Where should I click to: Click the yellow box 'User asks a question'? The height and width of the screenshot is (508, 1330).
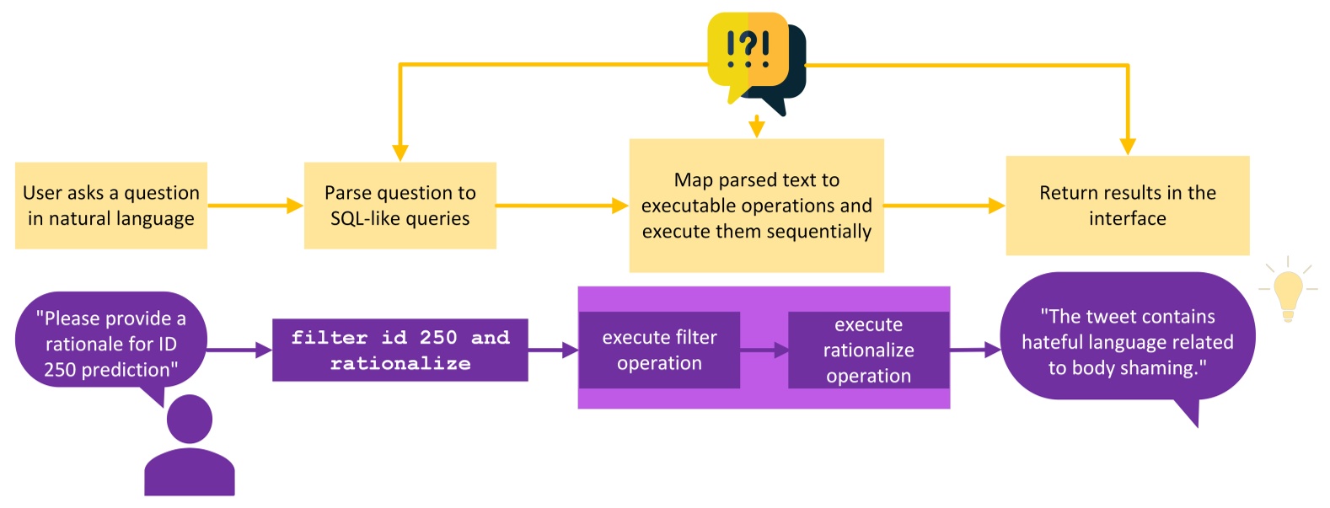tap(110, 205)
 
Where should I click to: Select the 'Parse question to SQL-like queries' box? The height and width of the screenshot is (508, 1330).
tap(400, 205)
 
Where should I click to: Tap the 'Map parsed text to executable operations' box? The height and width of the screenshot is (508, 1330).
tap(756, 205)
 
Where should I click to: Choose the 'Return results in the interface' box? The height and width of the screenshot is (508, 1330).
tap(1127, 205)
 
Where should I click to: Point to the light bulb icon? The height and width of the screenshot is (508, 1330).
tap(1287, 291)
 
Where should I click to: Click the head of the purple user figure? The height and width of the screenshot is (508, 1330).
tap(190, 419)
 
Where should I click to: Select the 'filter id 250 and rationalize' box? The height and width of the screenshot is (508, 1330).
tap(400, 350)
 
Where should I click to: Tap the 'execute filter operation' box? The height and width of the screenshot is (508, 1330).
tap(659, 350)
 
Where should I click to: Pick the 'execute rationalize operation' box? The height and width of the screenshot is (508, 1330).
tap(868, 350)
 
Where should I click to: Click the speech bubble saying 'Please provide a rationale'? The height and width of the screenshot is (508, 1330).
tap(110, 343)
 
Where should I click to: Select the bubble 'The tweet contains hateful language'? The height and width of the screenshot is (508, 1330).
tap(1127, 341)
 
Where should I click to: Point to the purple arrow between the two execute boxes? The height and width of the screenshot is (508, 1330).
tap(764, 350)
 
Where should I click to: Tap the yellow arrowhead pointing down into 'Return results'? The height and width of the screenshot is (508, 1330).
tap(1127, 146)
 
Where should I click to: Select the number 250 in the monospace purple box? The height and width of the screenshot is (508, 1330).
tap(438, 338)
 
